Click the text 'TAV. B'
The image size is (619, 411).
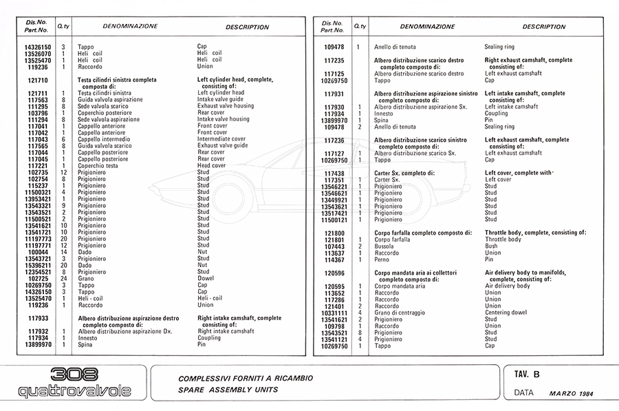pyautogui.click(x=527, y=375)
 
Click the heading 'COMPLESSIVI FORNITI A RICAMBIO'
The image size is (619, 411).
pyautogui.click(x=246, y=379)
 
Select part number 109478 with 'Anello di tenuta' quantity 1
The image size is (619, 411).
pyautogui.click(x=334, y=47)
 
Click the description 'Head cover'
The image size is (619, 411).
pyautogui.click(x=212, y=165)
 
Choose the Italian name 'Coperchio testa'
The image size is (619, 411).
pyautogui.click(x=102, y=165)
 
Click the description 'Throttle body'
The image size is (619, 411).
pyautogui.click(x=503, y=240)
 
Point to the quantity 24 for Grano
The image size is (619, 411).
pyautogui.click(x=63, y=279)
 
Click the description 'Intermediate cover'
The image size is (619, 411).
pyautogui.click(x=221, y=139)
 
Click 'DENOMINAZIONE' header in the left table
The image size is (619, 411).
pyautogui.click(x=130, y=27)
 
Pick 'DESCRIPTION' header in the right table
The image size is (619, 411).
pyautogui.click(x=543, y=27)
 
